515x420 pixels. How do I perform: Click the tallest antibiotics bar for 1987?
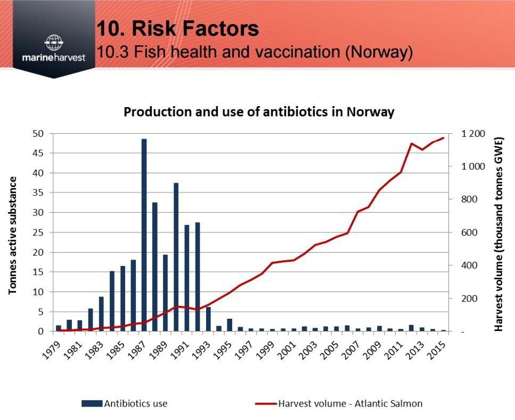[144, 235]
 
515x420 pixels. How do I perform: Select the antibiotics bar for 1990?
[176, 257]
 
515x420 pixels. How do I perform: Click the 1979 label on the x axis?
[52, 350]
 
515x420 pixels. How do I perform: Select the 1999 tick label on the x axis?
[266, 350]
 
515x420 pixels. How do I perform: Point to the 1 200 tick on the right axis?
[473, 134]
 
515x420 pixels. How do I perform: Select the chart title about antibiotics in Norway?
[259, 112]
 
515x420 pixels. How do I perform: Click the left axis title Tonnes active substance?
[12, 235]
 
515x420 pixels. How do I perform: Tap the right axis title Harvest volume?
[498, 234]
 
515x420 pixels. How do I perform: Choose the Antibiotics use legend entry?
[125, 403]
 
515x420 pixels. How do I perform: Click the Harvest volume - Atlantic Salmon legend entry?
[339, 403]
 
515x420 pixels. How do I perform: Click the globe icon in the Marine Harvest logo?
[54, 43]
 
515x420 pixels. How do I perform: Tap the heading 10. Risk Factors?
[178, 28]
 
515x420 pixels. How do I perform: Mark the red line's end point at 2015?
[444, 138]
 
